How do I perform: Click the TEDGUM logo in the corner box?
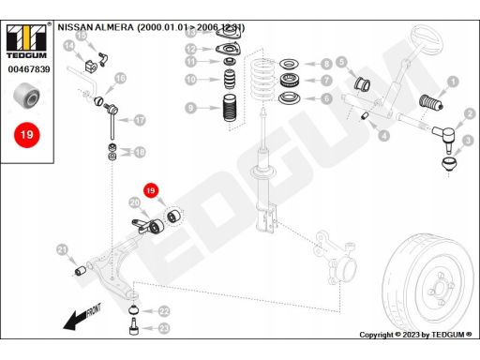(x=26, y=41)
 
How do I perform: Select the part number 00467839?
(x=29, y=69)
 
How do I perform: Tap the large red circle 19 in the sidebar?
(x=27, y=135)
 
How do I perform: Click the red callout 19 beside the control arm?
(x=151, y=190)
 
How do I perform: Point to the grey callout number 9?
(x=190, y=108)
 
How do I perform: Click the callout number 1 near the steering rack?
(x=453, y=82)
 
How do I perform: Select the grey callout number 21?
(x=63, y=250)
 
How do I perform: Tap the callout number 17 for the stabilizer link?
(x=140, y=120)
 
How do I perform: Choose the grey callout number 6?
(x=326, y=99)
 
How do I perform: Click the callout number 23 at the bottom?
(x=164, y=328)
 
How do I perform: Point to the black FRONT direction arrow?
(x=82, y=317)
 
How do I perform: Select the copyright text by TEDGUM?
(x=415, y=335)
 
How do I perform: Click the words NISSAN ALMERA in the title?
(x=96, y=27)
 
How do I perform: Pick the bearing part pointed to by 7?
(x=290, y=81)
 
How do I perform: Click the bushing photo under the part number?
(x=27, y=96)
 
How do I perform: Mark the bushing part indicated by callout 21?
(x=81, y=270)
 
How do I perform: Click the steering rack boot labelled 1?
(x=430, y=102)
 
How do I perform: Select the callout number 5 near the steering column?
(x=342, y=62)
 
